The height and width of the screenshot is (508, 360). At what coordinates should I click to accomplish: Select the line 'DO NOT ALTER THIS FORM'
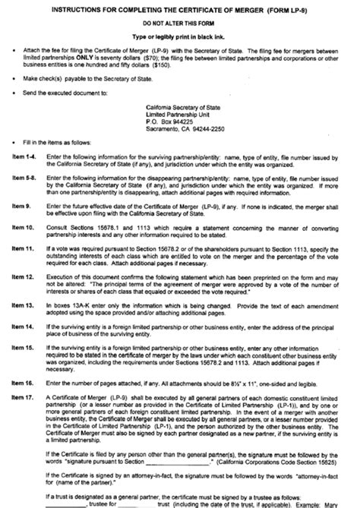(180, 23)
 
